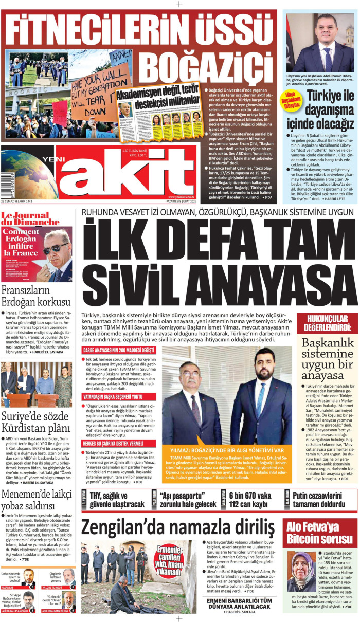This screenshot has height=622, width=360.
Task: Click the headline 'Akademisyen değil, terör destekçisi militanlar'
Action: click(157, 96)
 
